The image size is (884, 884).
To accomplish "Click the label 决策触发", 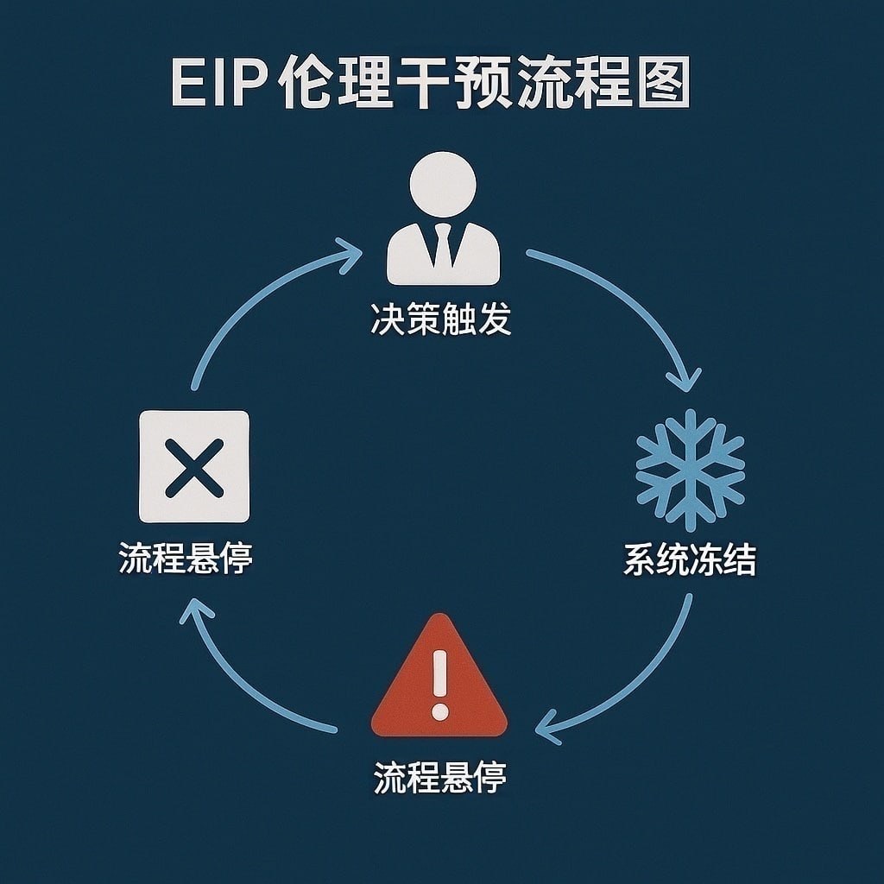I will pyautogui.click(x=441, y=319).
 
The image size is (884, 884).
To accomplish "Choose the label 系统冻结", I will pyautogui.click(x=689, y=560).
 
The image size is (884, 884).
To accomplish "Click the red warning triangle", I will pyautogui.click(x=439, y=679).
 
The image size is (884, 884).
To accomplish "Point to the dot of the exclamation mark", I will pyautogui.click(x=440, y=713).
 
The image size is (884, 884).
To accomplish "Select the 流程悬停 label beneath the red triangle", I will pyautogui.click(x=439, y=778).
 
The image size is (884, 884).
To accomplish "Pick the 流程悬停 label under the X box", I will pyautogui.click(x=186, y=559).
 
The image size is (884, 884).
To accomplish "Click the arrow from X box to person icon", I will pyautogui.click(x=250, y=294).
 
